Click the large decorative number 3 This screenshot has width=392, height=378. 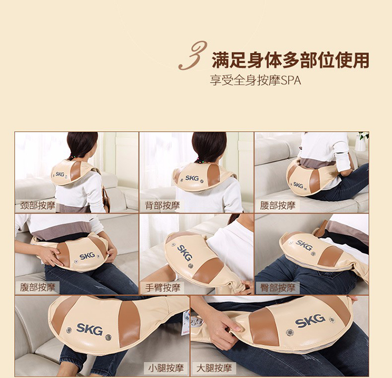click(192, 55)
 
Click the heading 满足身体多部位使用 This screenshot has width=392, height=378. click(291, 60)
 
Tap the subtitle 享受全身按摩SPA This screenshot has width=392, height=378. click(255, 81)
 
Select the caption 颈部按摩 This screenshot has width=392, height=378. click(38, 205)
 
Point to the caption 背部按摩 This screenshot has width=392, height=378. click(162, 205)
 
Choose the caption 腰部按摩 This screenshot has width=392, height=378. click(278, 205)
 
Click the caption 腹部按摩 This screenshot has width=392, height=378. click(38, 288)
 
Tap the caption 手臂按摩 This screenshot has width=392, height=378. click(163, 288)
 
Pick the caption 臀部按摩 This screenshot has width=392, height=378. click(278, 288)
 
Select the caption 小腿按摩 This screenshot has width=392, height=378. click(166, 368)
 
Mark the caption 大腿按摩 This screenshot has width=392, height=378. click(214, 368)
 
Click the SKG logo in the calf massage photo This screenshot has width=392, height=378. click(89, 329)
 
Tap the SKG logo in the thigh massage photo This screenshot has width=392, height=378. click(310, 320)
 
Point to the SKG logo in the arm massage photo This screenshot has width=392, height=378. click(185, 253)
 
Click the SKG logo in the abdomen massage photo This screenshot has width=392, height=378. click(87, 256)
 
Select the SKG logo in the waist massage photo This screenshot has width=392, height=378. click(298, 185)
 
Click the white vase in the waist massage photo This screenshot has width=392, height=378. click(360, 144)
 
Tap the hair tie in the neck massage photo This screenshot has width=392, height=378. click(73, 157)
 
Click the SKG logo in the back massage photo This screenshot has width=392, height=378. click(192, 178)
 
